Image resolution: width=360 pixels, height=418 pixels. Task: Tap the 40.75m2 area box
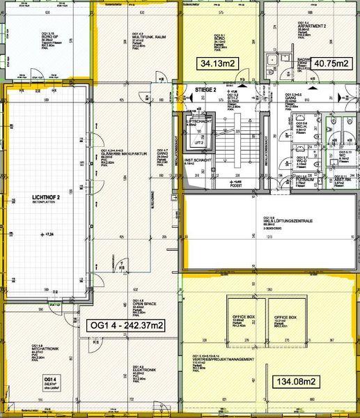click(x=331, y=63)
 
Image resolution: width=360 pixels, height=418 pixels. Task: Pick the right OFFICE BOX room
click(x=285, y=317)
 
